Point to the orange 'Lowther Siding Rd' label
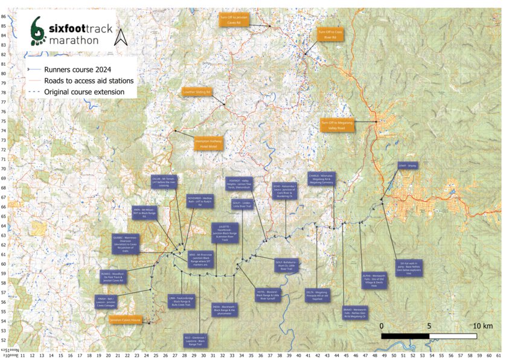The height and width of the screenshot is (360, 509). (x=196, y=92)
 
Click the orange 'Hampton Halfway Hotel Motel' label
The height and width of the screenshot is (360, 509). (x=208, y=143)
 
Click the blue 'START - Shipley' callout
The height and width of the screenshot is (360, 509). (x=408, y=164)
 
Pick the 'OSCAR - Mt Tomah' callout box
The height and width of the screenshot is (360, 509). (x=163, y=181)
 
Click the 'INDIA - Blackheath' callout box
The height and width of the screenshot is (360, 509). (x=223, y=310)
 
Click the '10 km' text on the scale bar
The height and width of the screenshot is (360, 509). (x=483, y=326)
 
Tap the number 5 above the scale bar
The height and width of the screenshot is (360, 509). (x=429, y=326)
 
